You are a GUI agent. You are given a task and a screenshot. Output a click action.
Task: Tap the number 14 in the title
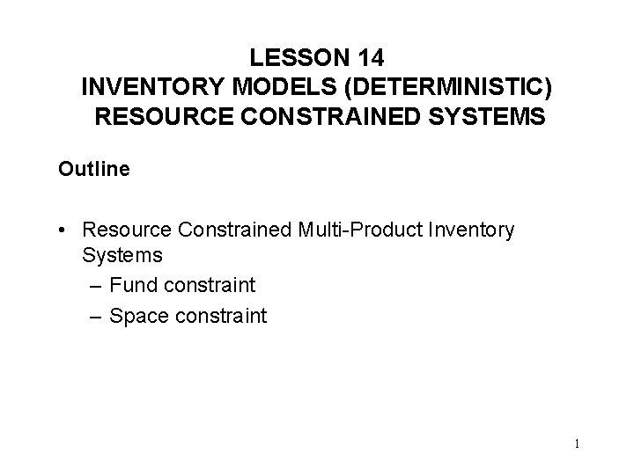pos(369,58)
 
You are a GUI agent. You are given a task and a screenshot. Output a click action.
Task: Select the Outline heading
pos(94,168)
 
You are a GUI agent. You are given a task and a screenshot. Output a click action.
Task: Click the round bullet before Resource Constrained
pos(64,230)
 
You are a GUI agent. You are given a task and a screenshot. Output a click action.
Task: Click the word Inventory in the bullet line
pos(470,230)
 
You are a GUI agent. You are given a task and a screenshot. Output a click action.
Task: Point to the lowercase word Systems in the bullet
pos(122,255)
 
